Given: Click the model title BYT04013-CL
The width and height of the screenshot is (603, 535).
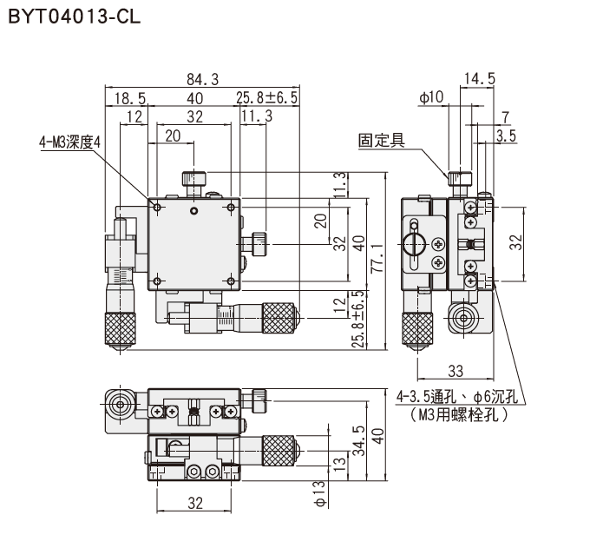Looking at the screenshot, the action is tap(75, 17).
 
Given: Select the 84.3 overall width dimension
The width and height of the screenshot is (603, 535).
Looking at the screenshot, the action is tap(203, 79).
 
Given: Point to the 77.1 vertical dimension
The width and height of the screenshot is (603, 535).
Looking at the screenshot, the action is tap(377, 258).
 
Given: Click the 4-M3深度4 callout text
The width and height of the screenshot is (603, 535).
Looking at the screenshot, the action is tap(69, 142).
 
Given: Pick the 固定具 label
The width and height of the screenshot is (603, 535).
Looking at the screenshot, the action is tap(382, 140).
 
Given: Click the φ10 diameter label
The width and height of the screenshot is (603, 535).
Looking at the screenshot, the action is tap(431, 97).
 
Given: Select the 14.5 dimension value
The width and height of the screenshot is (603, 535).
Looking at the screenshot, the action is tap(480, 78).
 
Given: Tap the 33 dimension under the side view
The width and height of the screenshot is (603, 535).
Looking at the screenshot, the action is tap(456, 371).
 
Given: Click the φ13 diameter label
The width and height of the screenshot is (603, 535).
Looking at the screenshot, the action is tap(320, 494).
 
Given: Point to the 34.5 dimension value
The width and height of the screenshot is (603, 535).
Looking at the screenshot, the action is tap(359, 440).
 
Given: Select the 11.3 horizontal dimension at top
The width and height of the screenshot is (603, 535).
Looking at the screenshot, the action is tap(257, 116).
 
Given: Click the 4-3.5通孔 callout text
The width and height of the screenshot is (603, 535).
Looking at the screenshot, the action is tap(427, 396).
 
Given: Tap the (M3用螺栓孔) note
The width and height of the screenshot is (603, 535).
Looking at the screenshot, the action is tap(460, 414).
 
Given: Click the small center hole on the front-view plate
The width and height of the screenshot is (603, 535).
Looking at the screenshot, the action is tap(193, 210).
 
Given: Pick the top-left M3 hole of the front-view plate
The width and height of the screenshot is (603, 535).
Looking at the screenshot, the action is tap(157, 208).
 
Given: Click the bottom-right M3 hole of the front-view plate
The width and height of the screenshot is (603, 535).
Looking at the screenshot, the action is tap(231, 281).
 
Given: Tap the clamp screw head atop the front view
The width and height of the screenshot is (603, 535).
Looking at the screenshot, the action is tap(193, 179).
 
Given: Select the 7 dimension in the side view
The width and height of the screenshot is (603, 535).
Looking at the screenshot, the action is tap(505, 117).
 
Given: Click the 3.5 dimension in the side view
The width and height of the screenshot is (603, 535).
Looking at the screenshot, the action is tap(506, 135).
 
